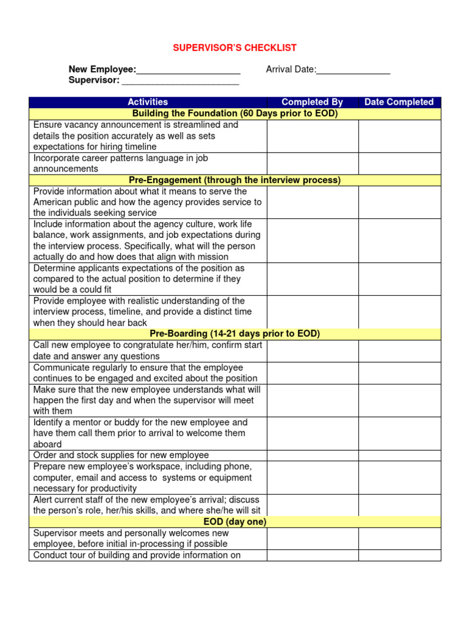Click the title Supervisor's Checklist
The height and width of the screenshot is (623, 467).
coord(235,48)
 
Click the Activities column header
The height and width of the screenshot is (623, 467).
coord(148,102)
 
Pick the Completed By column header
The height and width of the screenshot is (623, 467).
coord(312,102)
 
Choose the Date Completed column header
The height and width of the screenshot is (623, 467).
coord(399,102)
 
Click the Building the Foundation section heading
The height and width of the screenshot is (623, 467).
coord(235,114)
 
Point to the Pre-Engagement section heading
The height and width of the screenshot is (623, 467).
coord(235,180)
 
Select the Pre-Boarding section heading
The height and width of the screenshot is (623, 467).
coord(235,334)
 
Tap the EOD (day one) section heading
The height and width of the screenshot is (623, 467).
coord(235,522)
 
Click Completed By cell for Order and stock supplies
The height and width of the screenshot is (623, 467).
coord(312,455)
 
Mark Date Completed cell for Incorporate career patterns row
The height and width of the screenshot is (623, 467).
coord(399,164)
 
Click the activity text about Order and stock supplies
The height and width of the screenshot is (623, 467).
coord(121,455)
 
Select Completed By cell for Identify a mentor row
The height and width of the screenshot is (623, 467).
coord(312,433)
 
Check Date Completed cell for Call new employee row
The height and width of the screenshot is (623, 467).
coord(399,351)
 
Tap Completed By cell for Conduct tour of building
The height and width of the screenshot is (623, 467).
coord(312,555)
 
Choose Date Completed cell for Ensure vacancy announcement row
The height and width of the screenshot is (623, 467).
coord(399,136)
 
